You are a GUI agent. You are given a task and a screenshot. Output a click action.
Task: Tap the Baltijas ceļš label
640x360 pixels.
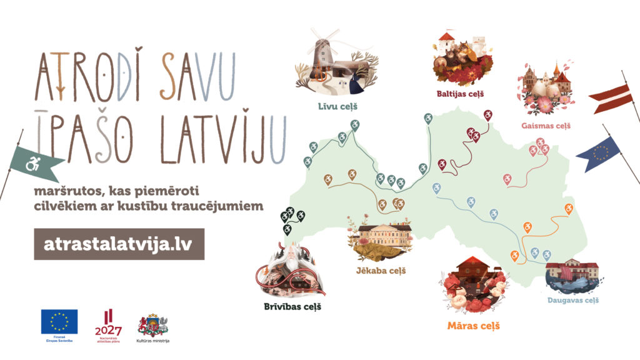pyautogui.click(x=461, y=94)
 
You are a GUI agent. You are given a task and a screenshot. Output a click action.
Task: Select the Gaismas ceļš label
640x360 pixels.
pyautogui.click(x=546, y=126)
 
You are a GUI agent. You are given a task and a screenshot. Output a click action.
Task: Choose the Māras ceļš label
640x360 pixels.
pyautogui.click(x=473, y=326)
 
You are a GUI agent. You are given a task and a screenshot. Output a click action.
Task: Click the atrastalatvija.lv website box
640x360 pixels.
pyautogui.click(x=119, y=244)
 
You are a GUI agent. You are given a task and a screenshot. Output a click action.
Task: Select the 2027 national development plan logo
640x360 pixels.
pyautogui.click(x=108, y=325)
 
